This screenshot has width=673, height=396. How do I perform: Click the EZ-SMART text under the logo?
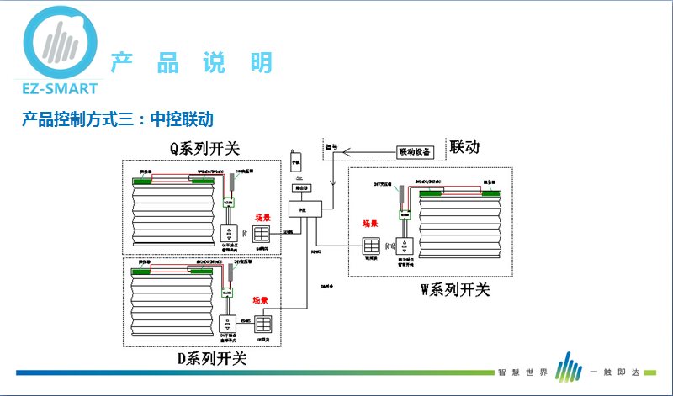(56, 87)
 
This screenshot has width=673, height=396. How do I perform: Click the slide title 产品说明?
(192, 63)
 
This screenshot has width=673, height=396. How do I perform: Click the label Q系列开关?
(204, 149)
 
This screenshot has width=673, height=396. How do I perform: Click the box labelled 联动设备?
(414, 153)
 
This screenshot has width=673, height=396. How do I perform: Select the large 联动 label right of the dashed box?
(464, 147)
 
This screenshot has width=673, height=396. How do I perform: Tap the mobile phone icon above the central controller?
(295, 159)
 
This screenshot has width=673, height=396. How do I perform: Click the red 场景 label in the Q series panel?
(263, 217)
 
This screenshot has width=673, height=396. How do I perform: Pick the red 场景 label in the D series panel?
(260, 300)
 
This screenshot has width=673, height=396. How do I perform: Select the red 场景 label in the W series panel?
(371, 224)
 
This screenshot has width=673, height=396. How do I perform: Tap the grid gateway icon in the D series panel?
(264, 324)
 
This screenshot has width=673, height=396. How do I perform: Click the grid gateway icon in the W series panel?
(371, 246)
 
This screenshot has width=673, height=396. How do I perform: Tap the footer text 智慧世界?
(522, 372)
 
